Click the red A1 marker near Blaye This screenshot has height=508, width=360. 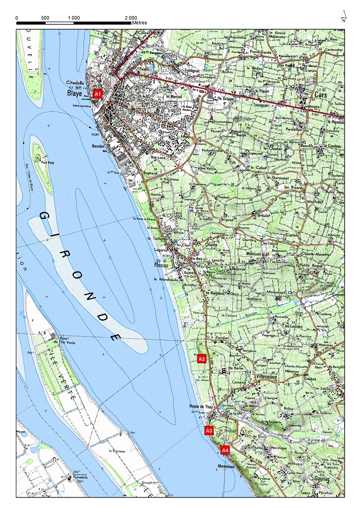(x=98, y=94)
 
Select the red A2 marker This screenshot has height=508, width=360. (x=202, y=359)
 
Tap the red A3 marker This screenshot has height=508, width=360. (x=209, y=431)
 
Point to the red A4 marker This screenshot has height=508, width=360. (x=225, y=450)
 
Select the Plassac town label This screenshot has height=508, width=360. (x=162, y=264)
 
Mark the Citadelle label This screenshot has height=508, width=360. (x=75, y=83)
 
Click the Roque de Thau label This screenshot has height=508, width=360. (x=200, y=407)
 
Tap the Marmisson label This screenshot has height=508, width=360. (x=226, y=466)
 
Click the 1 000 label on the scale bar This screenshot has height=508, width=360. (x=73, y=17)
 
